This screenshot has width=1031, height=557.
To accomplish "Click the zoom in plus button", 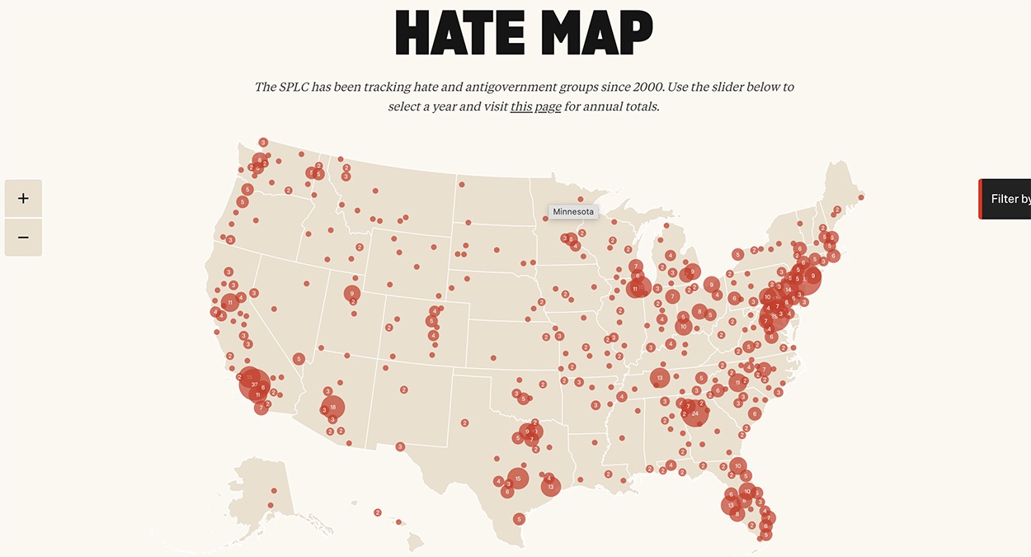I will coord(23,199).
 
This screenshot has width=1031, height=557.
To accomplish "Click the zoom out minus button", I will coord(23,238).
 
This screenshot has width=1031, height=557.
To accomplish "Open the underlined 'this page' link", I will coord(535,106).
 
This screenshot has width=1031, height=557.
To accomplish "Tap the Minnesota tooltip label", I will coord(572,212).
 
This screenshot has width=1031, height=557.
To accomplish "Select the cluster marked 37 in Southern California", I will coord(254,385).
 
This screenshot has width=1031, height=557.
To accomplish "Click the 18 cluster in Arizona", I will coord(332,407).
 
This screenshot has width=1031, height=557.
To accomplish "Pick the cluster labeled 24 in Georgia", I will coord(695,413).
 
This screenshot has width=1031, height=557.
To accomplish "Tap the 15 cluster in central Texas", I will coord(518,478).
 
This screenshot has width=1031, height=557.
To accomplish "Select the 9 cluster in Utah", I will coord(352,293).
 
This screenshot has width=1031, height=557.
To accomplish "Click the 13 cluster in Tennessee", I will coord(660,378).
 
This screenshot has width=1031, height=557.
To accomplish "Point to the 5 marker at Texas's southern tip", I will coord(519,519).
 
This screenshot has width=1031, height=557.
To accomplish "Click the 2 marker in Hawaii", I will coord(378,512).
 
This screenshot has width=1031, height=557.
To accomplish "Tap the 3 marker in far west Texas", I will coord(400,446).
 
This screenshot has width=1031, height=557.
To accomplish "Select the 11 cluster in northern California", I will coord(230,303).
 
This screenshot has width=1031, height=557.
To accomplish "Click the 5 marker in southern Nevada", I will coord(299,359).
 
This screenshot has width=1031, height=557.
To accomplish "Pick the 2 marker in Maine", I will coord(837,210).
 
